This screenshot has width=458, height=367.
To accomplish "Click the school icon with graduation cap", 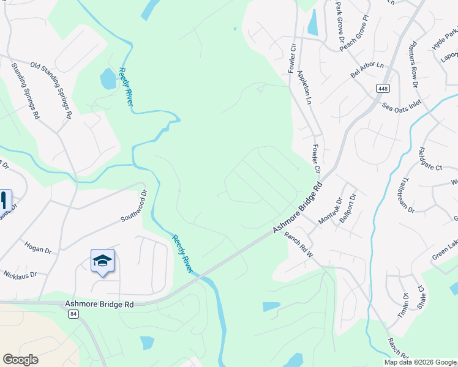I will (x=102, y=261).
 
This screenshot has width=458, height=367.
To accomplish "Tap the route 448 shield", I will (x=383, y=89).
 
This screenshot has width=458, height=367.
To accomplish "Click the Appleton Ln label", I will (x=304, y=86).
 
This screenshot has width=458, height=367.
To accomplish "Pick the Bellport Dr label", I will (x=347, y=207).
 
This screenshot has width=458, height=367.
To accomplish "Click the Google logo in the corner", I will (x=20, y=360).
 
